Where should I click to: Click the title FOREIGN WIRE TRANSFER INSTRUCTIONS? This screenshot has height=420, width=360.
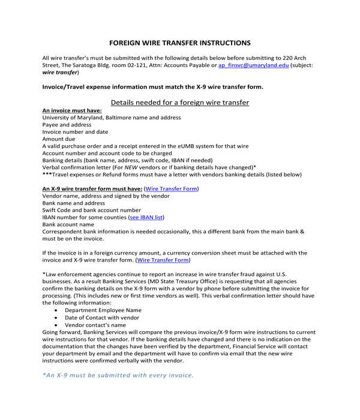pos(180,43)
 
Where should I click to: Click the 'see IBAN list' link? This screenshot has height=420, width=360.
pos(146,217)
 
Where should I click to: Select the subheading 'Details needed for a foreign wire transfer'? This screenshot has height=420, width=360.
pos(180,103)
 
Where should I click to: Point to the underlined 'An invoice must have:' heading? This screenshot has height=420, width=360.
pos(71,110)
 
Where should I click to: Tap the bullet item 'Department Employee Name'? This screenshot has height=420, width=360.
pos(103,310)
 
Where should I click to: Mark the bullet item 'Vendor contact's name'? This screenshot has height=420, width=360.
pos(95,325)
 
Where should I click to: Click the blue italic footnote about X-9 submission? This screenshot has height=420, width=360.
pos(118,375)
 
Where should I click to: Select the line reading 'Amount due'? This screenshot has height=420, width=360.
pos(59,139)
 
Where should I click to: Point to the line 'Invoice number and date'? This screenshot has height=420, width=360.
pos(75,132)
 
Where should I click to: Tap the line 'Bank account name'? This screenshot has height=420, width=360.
pos(68,224)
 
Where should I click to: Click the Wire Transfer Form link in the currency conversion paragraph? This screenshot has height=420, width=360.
pos(163,260)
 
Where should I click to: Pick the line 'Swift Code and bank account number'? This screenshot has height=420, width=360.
pos(92,210)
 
